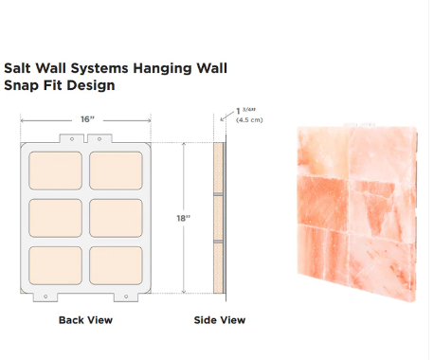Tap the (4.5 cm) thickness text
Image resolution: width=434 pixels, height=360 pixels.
click(x=248, y=120)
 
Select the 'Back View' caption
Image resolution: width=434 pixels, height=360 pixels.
click(x=85, y=320)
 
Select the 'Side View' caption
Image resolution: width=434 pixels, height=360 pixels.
click(x=219, y=320)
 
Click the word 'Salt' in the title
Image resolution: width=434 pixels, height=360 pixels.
click(x=19, y=68)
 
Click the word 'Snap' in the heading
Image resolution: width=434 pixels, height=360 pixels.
click(x=21, y=85)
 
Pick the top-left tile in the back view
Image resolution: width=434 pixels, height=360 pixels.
click(x=57, y=171)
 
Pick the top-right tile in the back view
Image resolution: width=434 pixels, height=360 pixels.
click(x=116, y=171)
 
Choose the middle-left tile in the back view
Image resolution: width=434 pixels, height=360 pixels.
click(x=57, y=219)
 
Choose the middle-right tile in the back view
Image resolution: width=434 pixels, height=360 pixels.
click(x=116, y=219)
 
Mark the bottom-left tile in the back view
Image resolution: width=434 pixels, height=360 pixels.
click(x=57, y=265)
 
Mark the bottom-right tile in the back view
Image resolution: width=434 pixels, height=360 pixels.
click(x=116, y=265)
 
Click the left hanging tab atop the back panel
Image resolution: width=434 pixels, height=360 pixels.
click(x=68, y=138)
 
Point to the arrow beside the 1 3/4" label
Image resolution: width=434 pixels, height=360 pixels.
click(x=227, y=116)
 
